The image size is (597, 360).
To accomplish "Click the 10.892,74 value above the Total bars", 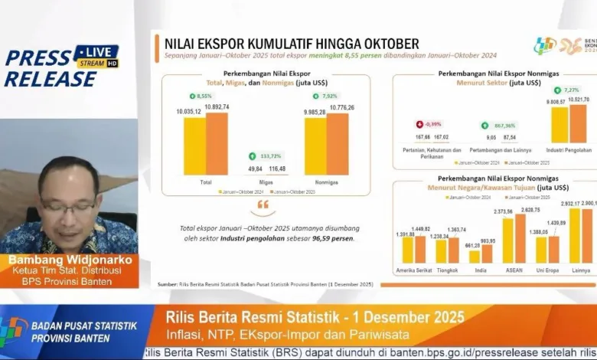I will point(217,106).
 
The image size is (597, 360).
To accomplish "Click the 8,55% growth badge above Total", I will point(201,96).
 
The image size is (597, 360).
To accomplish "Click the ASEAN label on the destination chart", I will point(514,271).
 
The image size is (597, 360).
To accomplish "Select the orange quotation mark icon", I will point(263,205).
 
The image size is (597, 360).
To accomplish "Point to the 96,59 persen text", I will point(335,238).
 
